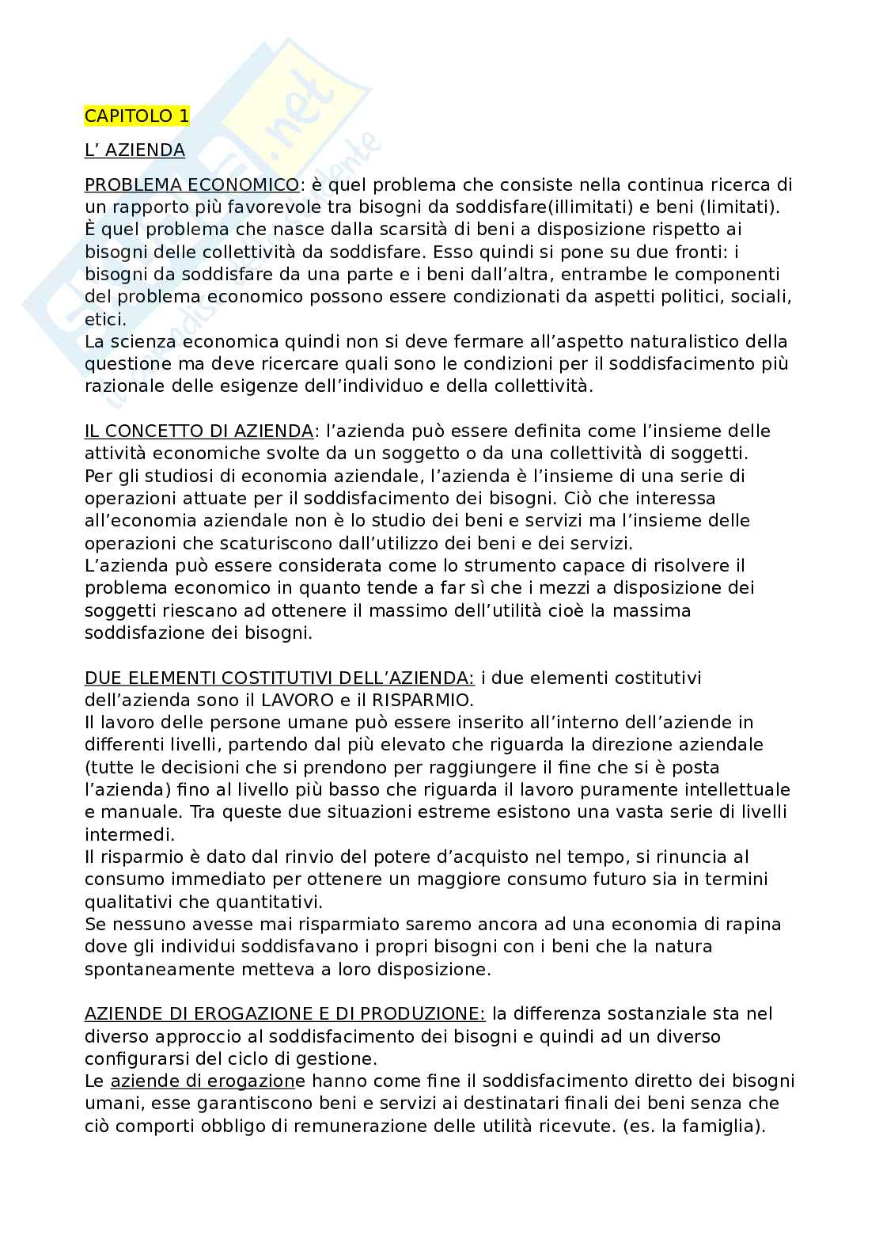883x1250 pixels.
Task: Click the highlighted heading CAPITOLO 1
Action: pyautogui.click(x=137, y=116)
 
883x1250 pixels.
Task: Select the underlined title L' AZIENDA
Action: pyautogui.click(x=135, y=150)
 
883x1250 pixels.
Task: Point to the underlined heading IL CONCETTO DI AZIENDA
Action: pyautogui.click(x=199, y=431)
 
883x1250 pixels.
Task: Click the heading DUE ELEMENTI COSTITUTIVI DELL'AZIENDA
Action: pyautogui.click(x=279, y=678)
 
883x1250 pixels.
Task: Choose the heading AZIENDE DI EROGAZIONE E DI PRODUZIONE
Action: pyautogui.click(x=285, y=1013)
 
